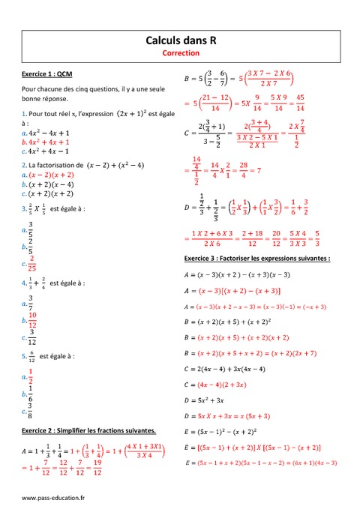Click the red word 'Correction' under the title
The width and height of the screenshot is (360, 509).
[x=180, y=53]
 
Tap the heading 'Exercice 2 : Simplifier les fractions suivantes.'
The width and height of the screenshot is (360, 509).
[x=88, y=430]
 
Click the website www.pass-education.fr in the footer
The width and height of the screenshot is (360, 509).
[x=53, y=497]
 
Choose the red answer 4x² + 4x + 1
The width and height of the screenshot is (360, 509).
[x=47, y=142]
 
